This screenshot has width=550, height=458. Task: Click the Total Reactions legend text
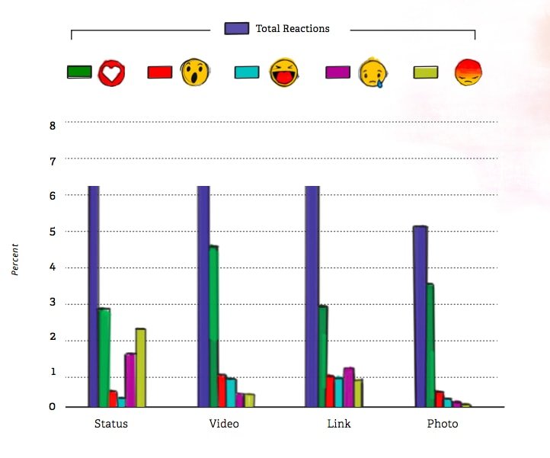pyautogui.click(x=293, y=28)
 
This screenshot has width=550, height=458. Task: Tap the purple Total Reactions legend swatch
pyautogui.click(x=237, y=28)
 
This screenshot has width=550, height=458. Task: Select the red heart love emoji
pyautogui.click(x=111, y=72)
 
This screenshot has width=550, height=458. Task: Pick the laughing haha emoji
pyautogui.click(x=284, y=72)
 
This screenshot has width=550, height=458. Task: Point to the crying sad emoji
pyautogui.click(x=373, y=72)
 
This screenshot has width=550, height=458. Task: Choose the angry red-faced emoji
pyautogui.click(x=468, y=72)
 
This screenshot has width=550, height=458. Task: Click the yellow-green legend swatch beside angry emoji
pyautogui.click(x=425, y=72)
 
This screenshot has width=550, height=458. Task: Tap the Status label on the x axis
pyautogui.click(x=110, y=423)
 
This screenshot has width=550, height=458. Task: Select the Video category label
pyautogui.click(x=224, y=423)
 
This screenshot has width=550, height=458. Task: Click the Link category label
pyautogui.click(x=334, y=423)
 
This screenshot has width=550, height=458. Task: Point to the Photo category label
pyautogui.click(x=443, y=423)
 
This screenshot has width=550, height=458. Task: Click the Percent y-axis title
pyautogui.click(x=16, y=259)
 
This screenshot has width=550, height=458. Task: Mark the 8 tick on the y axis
pyautogui.click(x=53, y=125)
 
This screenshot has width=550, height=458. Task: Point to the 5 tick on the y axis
pyautogui.click(x=53, y=232)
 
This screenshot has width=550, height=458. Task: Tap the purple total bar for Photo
pyautogui.click(x=420, y=316)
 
